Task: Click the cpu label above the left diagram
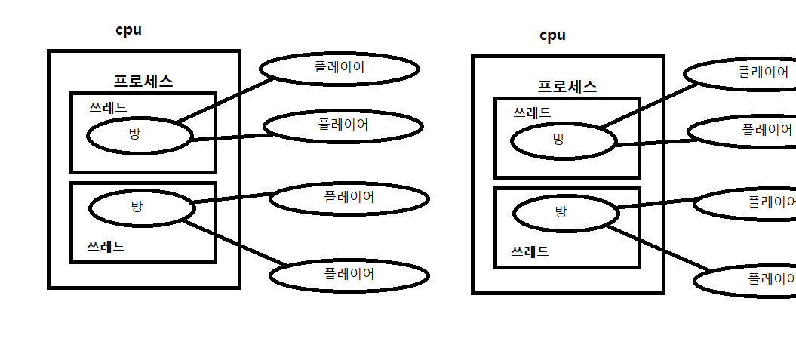(128, 30)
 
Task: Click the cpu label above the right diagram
(552, 35)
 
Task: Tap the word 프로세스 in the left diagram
(143, 82)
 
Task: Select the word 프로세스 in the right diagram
(567, 87)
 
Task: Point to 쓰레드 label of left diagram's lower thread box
(106, 245)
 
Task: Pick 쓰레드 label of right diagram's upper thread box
(532, 112)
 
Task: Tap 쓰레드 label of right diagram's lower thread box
(530, 251)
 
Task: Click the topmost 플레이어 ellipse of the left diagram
(340, 68)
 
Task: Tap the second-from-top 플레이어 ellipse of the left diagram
(343, 126)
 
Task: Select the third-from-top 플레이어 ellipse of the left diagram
(349, 198)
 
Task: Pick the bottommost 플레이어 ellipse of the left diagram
(349, 275)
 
